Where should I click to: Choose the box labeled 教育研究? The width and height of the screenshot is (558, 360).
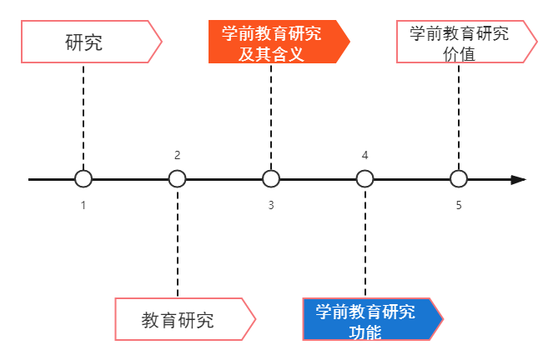click(x=179, y=319)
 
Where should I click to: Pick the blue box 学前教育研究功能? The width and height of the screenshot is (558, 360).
click(x=367, y=319)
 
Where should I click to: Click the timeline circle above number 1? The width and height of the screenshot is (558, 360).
click(x=83, y=179)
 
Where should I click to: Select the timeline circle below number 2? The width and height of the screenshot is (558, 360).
click(x=178, y=179)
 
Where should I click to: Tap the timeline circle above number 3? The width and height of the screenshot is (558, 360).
click(x=271, y=179)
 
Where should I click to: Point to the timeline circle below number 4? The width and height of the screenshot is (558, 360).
click(x=365, y=179)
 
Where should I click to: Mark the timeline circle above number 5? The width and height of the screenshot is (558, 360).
click(x=459, y=179)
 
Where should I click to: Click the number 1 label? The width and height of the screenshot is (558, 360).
click(x=83, y=205)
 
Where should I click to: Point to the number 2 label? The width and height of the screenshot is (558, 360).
click(x=178, y=155)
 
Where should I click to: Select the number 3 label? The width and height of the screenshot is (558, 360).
click(x=271, y=205)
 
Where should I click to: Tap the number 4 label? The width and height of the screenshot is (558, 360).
click(x=365, y=155)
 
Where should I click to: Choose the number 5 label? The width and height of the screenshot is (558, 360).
click(x=459, y=205)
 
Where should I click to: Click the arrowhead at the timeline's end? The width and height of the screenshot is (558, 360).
click(x=518, y=179)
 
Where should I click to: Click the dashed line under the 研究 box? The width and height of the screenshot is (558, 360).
click(x=83, y=117)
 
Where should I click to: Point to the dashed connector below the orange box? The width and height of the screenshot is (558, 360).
click(x=271, y=117)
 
